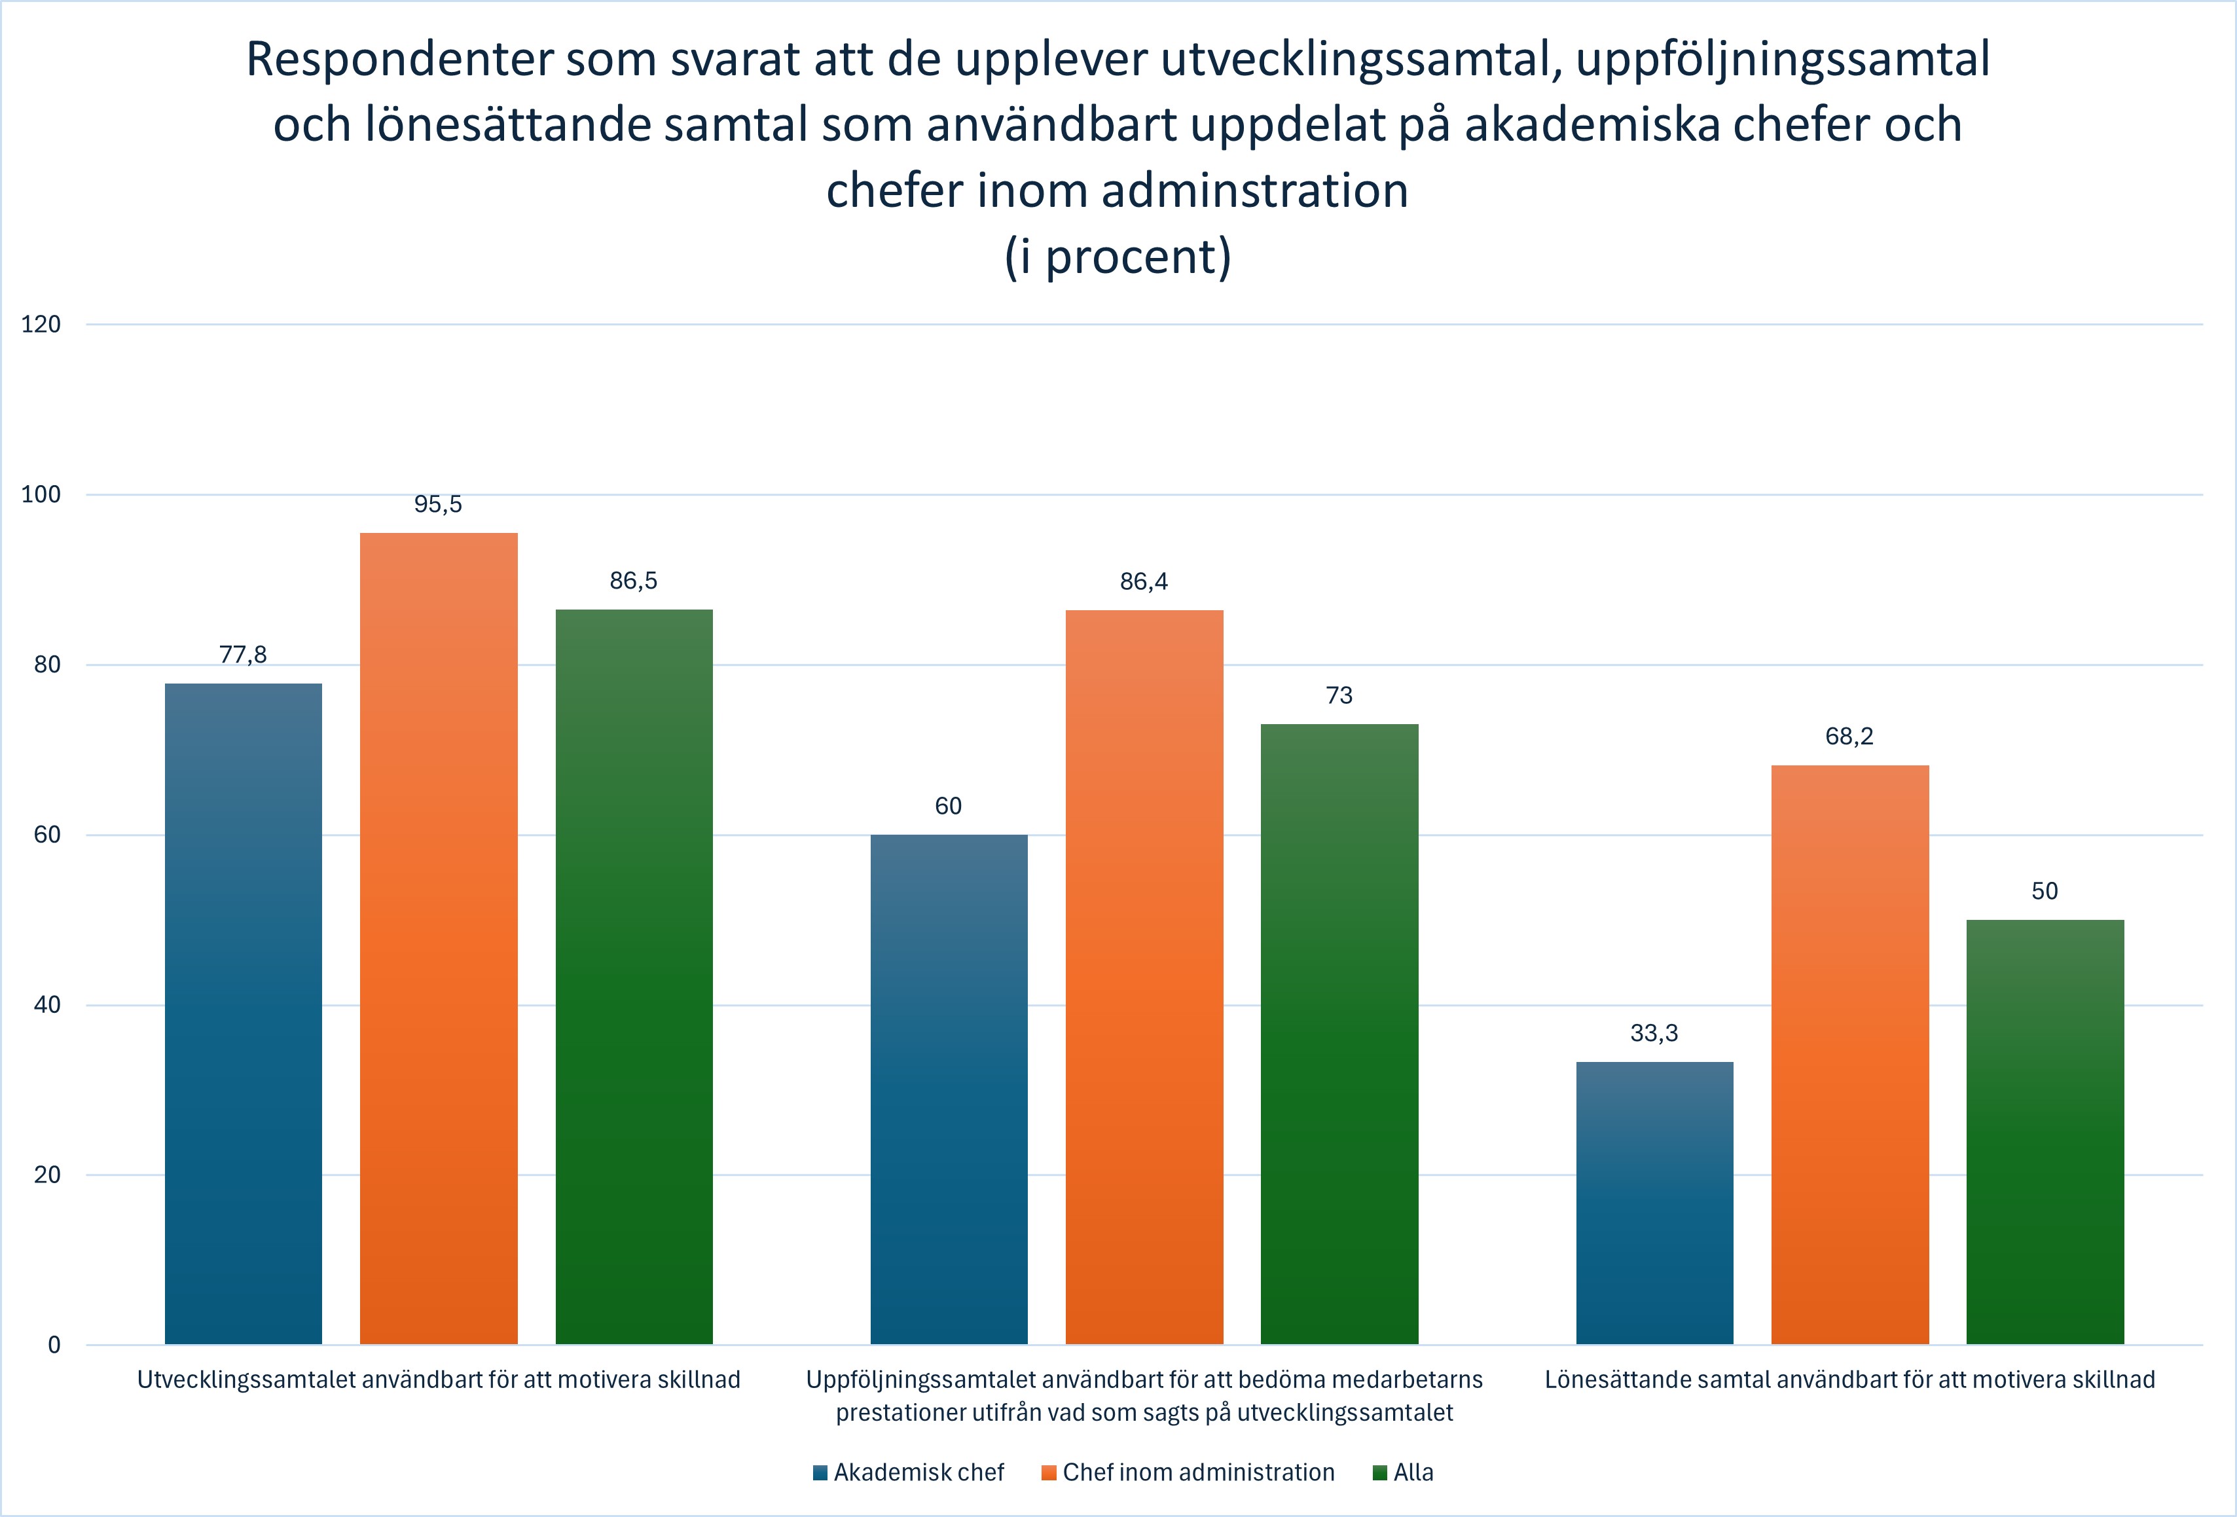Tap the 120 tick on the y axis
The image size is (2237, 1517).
41,324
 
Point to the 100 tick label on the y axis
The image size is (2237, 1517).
41,495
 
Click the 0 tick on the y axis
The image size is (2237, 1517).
54,1345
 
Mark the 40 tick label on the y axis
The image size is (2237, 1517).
46,1005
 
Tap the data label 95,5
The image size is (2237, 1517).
438,504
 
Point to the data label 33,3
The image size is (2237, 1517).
1654,1033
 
